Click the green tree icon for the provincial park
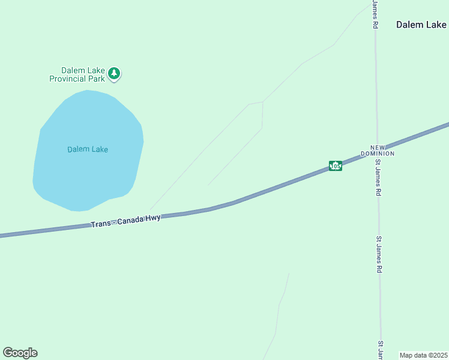tap(114, 74)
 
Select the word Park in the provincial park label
tap(97, 79)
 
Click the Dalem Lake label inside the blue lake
tap(88, 149)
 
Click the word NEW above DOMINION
tap(377, 147)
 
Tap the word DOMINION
tap(378, 154)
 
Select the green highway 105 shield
tap(336, 166)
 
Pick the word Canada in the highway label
tap(130, 220)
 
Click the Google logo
tap(20, 353)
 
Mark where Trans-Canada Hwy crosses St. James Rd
tap(377, 150)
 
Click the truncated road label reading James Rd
tap(375, 14)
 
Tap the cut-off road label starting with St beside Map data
tap(381, 351)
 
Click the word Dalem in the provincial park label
tap(73, 70)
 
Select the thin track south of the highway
tap(280, 306)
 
